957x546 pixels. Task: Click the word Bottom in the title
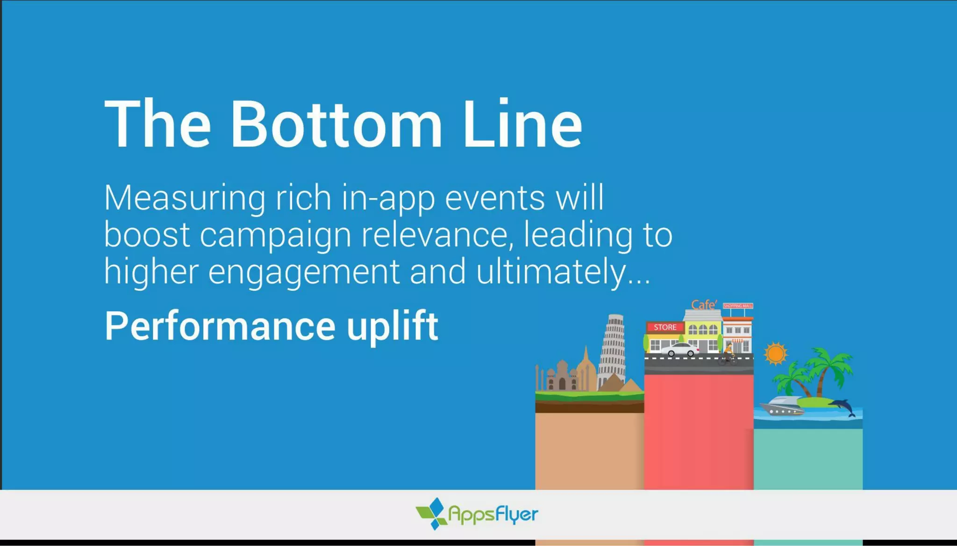tap(336, 125)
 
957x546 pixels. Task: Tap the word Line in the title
tap(522, 125)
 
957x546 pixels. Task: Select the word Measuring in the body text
tap(185, 199)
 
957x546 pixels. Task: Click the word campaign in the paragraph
tap(276, 236)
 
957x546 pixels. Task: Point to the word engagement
tap(304, 273)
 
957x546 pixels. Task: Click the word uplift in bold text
tap(393, 326)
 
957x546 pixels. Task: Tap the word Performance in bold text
tap(220, 326)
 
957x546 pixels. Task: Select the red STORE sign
tap(665, 327)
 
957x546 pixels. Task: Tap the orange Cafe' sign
tap(704, 305)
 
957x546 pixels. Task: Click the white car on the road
tap(680, 350)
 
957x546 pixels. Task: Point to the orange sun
tap(776, 353)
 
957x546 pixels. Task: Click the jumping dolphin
tap(843, 406)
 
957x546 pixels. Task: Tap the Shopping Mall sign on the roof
tap(738, 306)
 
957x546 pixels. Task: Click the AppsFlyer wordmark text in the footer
tap(493, 514)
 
